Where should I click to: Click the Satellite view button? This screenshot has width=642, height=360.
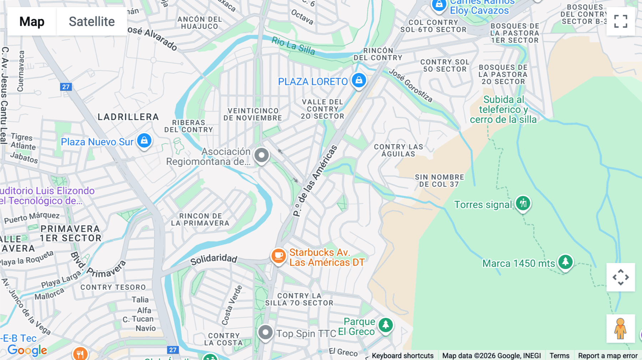coord(92,22)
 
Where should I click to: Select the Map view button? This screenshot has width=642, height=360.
coord(32,22)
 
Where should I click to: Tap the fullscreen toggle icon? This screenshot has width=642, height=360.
coord(621,21)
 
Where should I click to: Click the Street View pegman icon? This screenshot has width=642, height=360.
coord(620,328)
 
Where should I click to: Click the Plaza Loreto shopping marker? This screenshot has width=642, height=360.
coord(359,80)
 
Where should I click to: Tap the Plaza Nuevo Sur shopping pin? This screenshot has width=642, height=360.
coord(144,140)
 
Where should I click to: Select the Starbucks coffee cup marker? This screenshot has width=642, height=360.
coord(279,256)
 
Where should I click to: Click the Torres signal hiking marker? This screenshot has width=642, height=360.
coord(523,204)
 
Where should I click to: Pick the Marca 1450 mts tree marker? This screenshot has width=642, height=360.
coord(565,262)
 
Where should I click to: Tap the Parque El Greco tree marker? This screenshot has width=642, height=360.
coord(386,325)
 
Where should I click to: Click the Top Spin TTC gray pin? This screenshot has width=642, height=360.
coord(265,332)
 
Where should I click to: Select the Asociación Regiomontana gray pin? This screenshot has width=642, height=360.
coord(261,155)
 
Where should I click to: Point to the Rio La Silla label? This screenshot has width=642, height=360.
coord(293,46)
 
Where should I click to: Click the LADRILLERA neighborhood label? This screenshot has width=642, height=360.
coord(128,117)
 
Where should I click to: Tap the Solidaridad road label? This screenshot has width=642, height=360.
coord(214,259)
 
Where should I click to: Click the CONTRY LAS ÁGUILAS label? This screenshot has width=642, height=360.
coord(398,150)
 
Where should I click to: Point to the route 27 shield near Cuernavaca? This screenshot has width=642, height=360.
coord(66,87)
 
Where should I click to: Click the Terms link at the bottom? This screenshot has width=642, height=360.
coord(559,355)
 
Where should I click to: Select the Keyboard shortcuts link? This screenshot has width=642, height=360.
coord(402,355)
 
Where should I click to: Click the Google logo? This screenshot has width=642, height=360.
coord(27,350)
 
